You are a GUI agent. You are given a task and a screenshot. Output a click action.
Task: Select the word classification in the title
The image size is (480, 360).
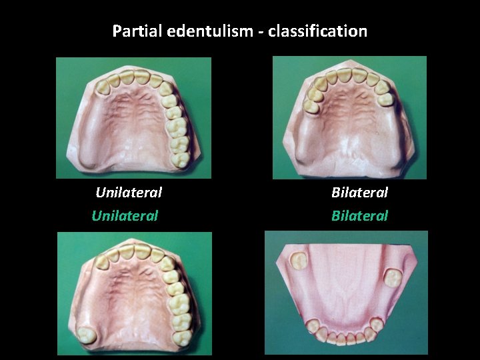pyautogui.click(x=318, y=31)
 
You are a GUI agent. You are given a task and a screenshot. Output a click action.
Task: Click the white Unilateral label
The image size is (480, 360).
pyautogui.click(x=129, y=193)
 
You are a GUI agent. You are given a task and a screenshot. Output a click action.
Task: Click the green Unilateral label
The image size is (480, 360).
pyautogui.click(x=125, y=215)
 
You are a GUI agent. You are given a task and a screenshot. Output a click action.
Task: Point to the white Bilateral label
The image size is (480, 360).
pyautogui.click(x=359, y=193)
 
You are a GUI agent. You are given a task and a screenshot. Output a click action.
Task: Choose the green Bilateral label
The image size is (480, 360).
pyautogui.click(x=359, y=215)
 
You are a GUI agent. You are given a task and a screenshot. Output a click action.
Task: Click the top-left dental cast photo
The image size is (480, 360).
pyautogui.click(x=133, y=117)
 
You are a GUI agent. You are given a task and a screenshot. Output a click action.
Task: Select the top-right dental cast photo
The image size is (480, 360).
pyautogui.click(x=349, y=117)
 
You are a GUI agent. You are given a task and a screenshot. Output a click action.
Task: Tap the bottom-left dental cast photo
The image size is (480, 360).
pyautogui.click(x=134, y=293)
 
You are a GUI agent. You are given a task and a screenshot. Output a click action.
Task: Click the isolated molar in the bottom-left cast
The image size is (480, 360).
pyautogui.click(x=86, y=335)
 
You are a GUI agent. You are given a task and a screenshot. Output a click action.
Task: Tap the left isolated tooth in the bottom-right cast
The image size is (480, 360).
pyautogui.click(x=299, y=258)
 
